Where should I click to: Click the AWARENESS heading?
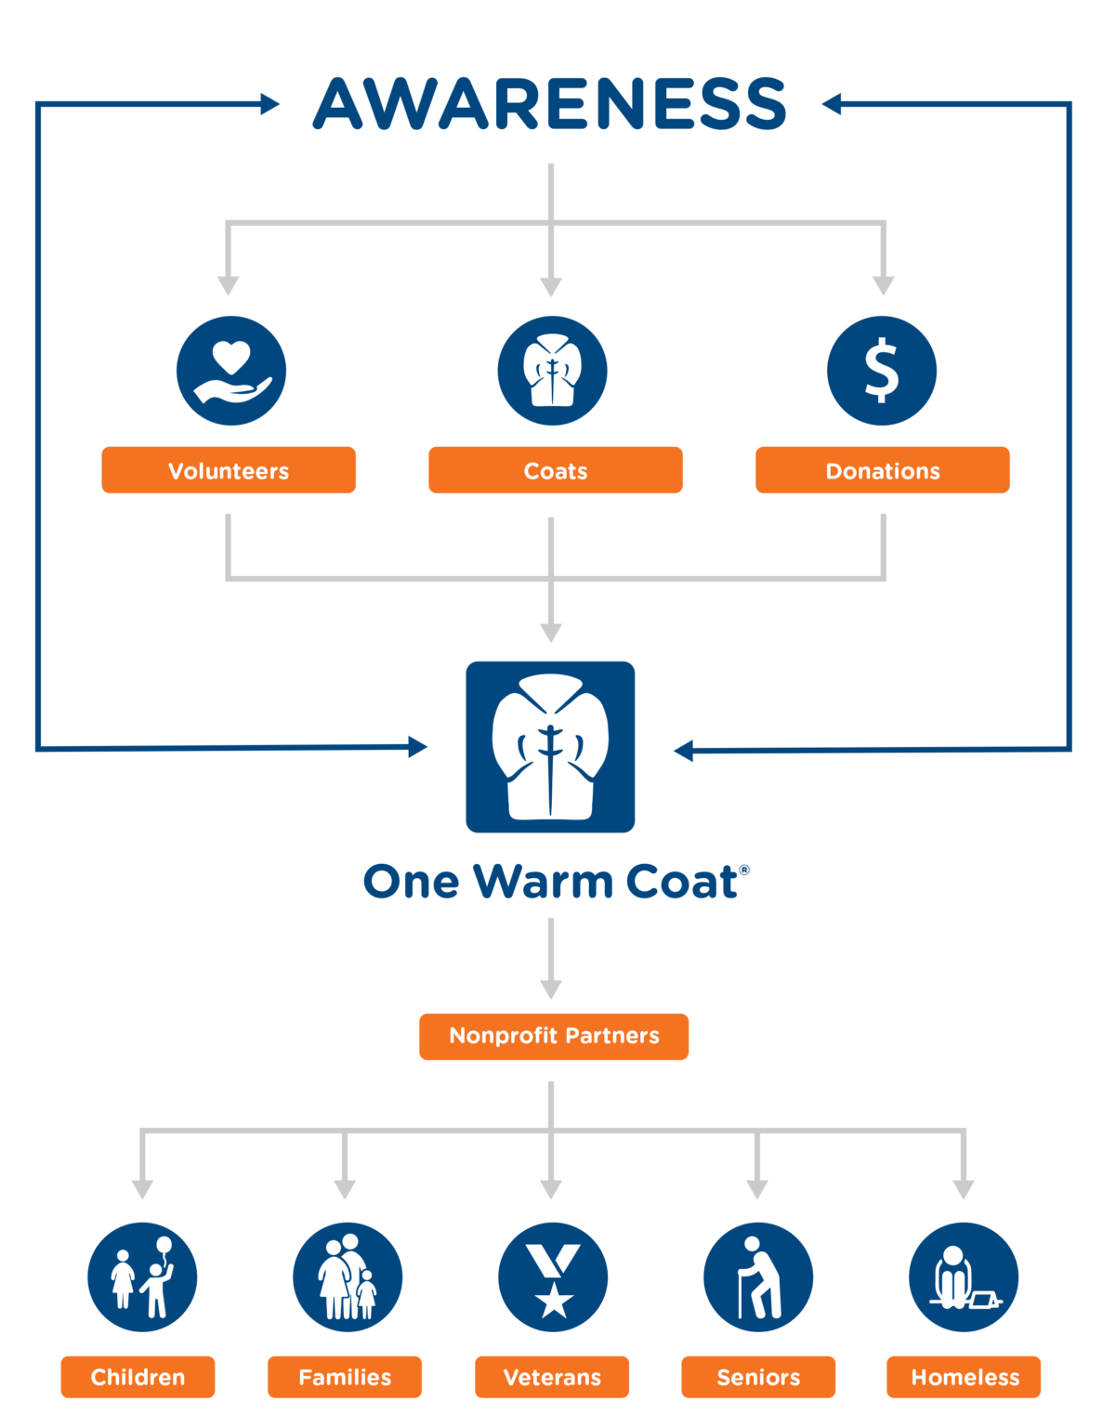click(550, 103)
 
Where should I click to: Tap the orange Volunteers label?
click(229, 470)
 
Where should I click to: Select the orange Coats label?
click(556, 470)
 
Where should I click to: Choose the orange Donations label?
click(883, 470)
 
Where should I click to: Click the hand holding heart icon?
click(231, 371)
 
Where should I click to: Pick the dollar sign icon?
click(882, 371)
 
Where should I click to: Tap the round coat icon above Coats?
click(552, 371)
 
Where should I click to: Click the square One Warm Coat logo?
click(550, 747)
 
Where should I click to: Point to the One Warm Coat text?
click(555, 881)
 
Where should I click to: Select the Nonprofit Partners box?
click(554, 1036)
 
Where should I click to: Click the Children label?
click(138, 1377)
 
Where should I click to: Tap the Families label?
click(345, 1377)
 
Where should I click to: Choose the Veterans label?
click(552, 1377)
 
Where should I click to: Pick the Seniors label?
click(758, 1377)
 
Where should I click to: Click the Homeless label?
click(965, 1377)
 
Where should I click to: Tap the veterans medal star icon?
click(553, 1277)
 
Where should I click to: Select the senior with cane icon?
click(758, 1277)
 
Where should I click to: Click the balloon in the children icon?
click(164, 1245)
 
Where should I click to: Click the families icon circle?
click(348, 1277)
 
